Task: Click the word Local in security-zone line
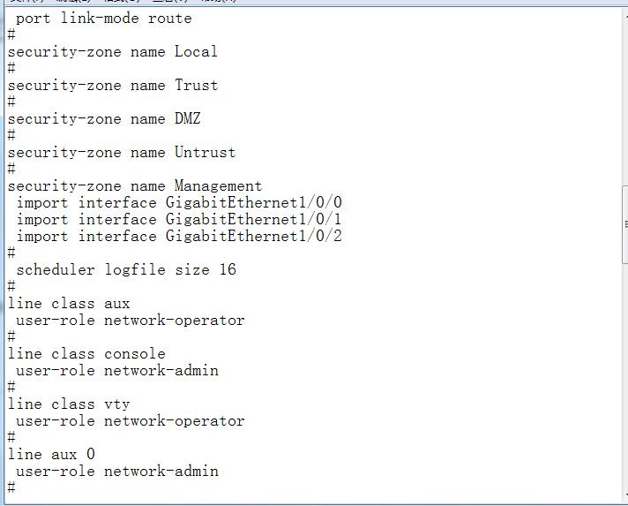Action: pos(196,51)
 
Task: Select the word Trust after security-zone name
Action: pos(196,85)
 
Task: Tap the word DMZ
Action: pos(187,118)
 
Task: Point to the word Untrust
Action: pos(205,152)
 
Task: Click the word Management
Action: pos(218,185)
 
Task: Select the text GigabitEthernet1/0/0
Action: pos(253,202)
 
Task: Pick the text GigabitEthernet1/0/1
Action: pos(253,219)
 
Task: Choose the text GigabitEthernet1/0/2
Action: pos(253,236)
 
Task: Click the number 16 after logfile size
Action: pos(228,269)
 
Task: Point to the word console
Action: pos(135,353)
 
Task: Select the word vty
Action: pos(117,404)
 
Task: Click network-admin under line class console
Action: pos(161,370)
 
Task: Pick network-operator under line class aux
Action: pos(175,320)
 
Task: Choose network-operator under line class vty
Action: pos(175,420)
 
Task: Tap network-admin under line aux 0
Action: pos(161,471)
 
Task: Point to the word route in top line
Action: pos(170,18)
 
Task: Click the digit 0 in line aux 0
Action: pos(91,454)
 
